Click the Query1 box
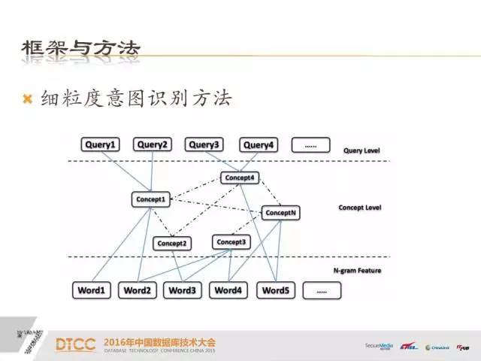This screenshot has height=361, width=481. (x=101, y=145)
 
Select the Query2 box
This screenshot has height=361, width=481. (x=153, y=145)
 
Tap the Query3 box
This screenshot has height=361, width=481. (x=204, y=145)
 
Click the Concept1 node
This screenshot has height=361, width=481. (x=150, y=199)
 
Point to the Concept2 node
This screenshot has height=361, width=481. (x=172, y=243)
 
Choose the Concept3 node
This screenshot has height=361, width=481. (x=230, y=241)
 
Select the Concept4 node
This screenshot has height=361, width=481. (x=238, y=177)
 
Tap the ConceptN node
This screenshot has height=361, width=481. (x=281, y=213)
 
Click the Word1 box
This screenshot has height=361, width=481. (x=92, y=290)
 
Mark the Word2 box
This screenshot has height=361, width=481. (x=138, y=290)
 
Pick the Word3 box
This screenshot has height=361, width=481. (x=183, y=290)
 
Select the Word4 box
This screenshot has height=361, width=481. (x=228, y=290)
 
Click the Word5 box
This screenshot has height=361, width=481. (x=275, y=290)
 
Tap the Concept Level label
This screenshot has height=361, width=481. (x=360, y=207)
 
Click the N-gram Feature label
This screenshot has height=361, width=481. (x=357, y=270)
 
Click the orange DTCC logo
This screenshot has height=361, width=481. (x=75, y=345)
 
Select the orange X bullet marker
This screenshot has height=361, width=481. (x=29, y=99)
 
